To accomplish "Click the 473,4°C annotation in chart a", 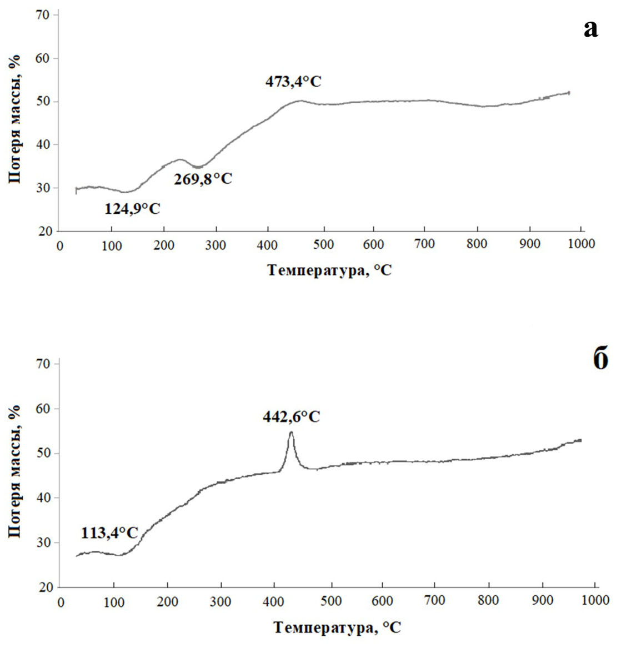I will pos(293,82).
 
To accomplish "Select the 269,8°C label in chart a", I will pos(203,179).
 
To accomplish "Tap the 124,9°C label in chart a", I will pos(132,209).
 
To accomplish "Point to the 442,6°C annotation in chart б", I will pos(292,416).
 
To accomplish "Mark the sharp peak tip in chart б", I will pos(291,432).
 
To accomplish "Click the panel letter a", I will pos(591,28).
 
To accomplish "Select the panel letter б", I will pos(600,359).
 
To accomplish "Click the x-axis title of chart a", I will pos(329,270).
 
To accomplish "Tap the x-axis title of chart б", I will pos(337,627).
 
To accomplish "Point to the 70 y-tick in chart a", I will pos(44,14).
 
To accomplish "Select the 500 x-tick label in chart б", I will pos(332,601).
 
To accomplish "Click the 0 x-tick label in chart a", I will pos(60,244).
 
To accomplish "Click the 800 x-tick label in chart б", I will pos(489,601).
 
